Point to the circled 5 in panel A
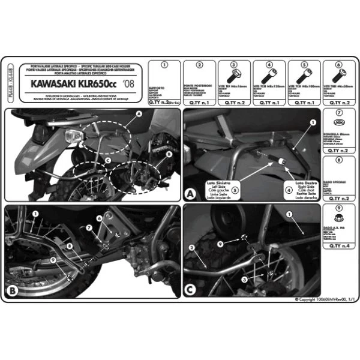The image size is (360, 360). tap(235, 191)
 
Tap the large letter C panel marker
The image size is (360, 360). tap(190, 291)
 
